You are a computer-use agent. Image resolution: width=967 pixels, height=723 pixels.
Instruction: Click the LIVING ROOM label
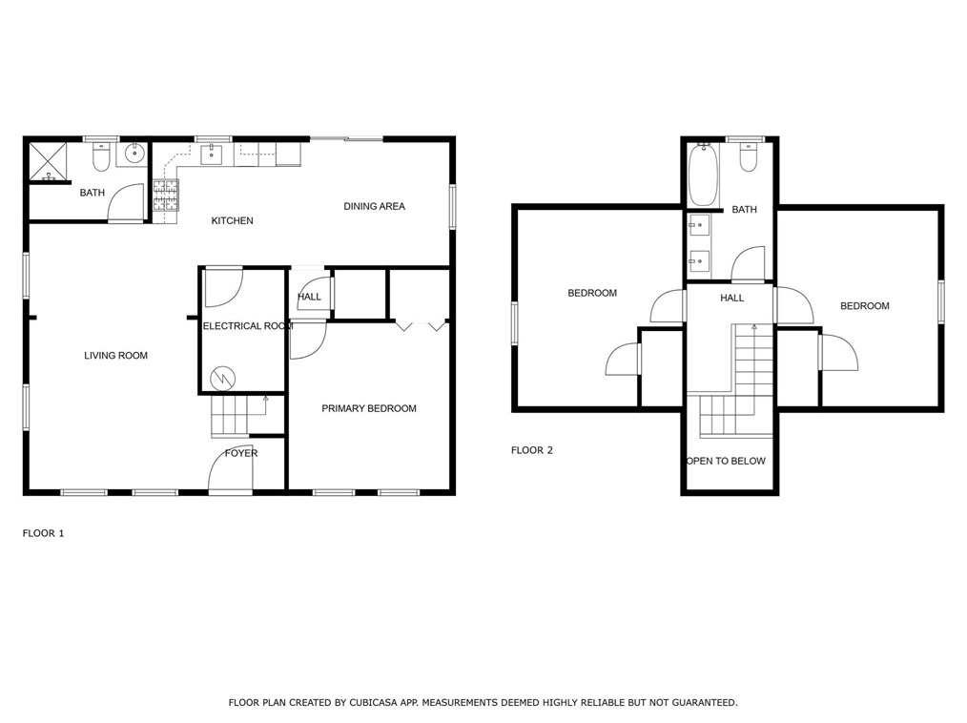(115, 356)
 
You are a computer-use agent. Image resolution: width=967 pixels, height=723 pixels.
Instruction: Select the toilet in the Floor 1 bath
(102, 155)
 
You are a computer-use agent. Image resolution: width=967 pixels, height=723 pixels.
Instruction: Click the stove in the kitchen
(165, 196)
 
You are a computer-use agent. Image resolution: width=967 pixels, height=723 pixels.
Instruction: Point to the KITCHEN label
(232, 221)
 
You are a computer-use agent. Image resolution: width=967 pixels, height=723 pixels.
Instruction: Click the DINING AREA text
(374, 206)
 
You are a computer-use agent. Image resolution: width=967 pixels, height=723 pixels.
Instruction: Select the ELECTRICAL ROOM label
(247, 326)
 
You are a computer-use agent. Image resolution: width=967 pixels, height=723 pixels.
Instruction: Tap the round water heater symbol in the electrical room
(223, 378)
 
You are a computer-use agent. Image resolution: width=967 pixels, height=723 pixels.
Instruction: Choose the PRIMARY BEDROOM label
(368, 408)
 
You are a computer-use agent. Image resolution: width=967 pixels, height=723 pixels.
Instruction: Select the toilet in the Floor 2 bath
(749, 158)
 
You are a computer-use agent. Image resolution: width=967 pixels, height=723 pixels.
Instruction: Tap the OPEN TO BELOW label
(726, 461)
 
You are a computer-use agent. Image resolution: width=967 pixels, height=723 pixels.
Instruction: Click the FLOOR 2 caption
(531, 450)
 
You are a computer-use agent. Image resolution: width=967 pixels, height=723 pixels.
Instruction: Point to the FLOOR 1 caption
(43, 533)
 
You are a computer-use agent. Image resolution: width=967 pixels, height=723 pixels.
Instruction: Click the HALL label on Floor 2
(731, 299)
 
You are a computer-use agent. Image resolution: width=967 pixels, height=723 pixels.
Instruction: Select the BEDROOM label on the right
(864, 306)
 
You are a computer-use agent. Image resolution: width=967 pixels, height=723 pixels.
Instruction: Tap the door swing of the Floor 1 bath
(126, 204)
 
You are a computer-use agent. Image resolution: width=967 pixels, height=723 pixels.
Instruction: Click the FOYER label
(240, 453)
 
